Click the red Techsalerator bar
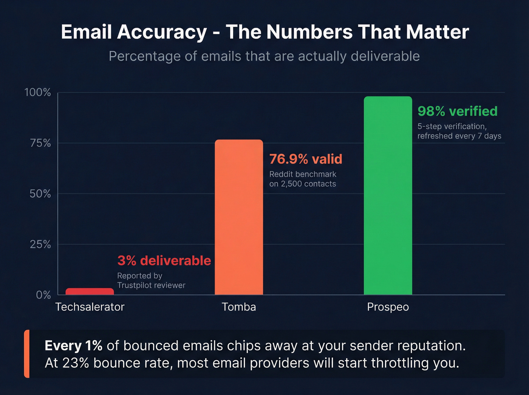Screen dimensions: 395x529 coord(90,291)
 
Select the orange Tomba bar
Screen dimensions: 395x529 coord(239,217)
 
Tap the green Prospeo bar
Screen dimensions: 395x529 coord(388,195)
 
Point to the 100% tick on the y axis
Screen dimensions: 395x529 coord(37,92)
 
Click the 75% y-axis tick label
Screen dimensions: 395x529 coord(40,143)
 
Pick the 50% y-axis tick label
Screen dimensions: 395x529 coord(40,194)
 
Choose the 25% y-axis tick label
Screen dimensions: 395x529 coord(40,244)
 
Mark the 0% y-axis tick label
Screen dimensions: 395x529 coord(43,295)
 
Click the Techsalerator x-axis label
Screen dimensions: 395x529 coord(90,307)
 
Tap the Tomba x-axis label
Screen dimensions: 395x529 coord(239,307)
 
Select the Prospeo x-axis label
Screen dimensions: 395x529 coord(388,307)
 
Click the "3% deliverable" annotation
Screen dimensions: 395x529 coord(164,260)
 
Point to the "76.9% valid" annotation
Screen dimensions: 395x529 coord(305,159)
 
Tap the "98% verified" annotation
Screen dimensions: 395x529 coord(457,111)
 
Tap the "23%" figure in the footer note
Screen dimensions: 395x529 coord(76,363)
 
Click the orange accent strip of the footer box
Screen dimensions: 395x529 coord(26,354)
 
